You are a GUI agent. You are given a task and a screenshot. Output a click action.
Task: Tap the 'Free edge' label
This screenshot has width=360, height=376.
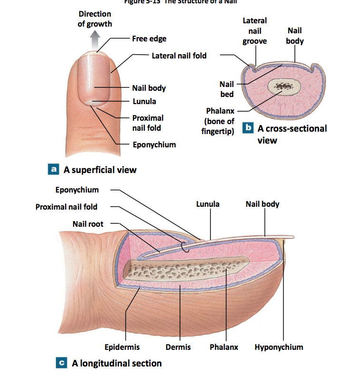pyautogui.click(x=150, y=39)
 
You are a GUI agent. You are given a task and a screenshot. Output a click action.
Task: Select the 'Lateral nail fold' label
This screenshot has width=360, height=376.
pyautogui.click(x=179, y=56)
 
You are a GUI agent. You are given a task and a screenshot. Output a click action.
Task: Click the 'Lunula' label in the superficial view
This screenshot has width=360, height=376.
pyautogui.click(x=144, y=101)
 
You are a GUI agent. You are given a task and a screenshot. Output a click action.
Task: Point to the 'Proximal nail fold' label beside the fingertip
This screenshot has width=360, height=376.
pyautogui.click(x=148, y=123)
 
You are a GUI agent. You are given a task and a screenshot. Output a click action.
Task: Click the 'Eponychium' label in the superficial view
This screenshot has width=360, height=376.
pyautogui.click(x=154, y=145)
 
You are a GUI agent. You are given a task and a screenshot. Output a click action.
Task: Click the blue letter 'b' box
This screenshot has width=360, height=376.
pyautogui.click(x=247, y=128)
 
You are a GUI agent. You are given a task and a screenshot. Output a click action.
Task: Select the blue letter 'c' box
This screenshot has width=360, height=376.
pyautogui.click(x=61, y=363)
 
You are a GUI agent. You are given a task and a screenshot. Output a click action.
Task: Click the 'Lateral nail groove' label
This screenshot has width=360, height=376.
pyautogui.click(x=255, y=31)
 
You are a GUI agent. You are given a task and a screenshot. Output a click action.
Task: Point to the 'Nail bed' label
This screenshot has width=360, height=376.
pyautogui.click(x=227, y=89)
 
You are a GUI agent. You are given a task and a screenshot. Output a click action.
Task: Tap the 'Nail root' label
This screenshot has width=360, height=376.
pyautogui.click(x=88, y=223)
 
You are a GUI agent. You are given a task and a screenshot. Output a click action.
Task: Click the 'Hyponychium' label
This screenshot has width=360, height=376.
pyautogui.click(x=279, y=347)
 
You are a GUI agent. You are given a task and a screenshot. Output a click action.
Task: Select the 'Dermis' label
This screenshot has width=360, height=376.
pyautogui.click(x=178, y=347)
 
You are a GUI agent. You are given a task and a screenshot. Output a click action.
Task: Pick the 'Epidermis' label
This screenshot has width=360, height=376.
pyautogui.click(x=122, y=347)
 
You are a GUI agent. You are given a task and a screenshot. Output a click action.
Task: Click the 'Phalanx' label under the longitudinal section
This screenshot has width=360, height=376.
pyautogui.click(x=224, y=347)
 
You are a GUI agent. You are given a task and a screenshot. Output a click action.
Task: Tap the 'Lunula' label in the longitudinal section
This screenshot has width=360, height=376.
pyautogui.click(x=208, y=204)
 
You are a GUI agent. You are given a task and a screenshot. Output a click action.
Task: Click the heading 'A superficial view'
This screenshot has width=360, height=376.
pyautogui.click(x=104, y=169)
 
